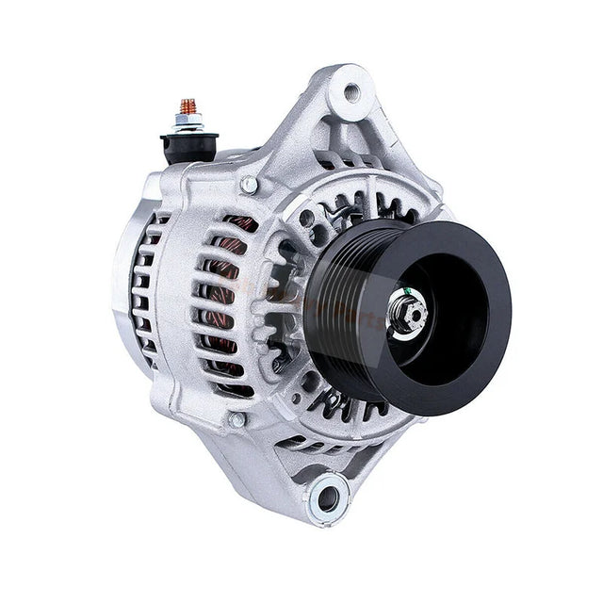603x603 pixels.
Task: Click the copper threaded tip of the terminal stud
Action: [x=187, y=105]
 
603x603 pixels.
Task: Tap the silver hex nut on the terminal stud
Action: [x=188, y=122]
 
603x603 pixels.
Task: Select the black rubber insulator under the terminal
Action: [x=188, y=144]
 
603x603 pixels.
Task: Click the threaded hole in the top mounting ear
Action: [x=352, y=92]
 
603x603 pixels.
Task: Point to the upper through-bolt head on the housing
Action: [x=248, y=185]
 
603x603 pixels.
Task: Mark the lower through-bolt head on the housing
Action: [x=236, y=419]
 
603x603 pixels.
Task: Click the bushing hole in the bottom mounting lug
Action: [x=329, y=493]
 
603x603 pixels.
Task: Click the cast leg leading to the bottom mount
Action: [x=283, y=462]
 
